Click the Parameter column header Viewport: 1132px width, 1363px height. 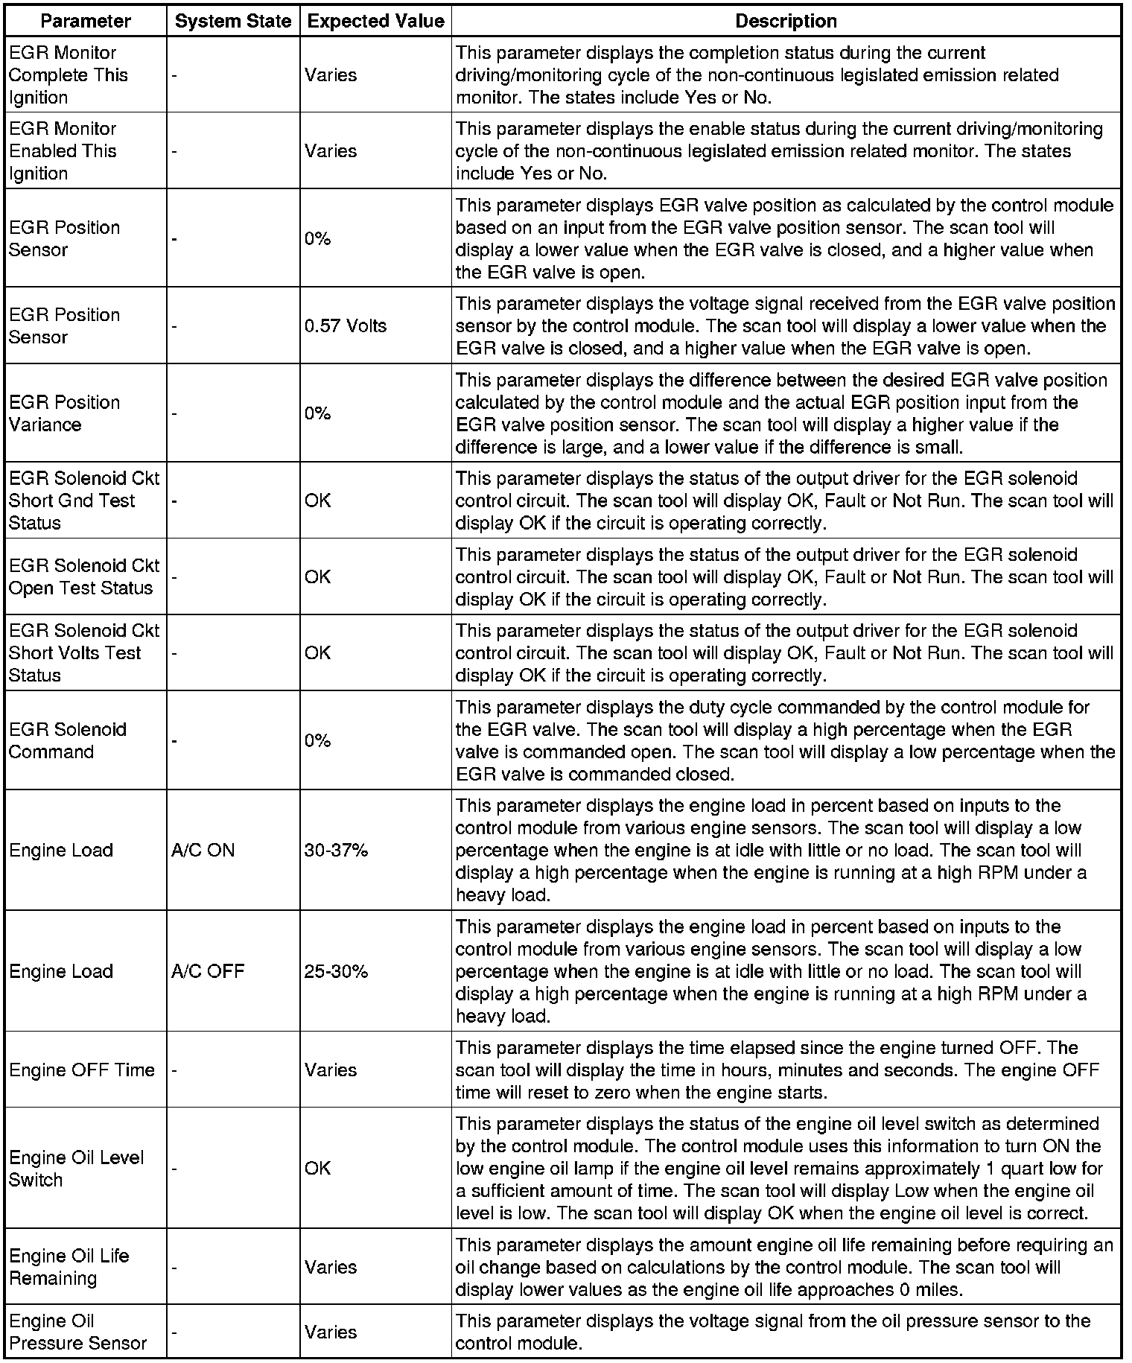(x=86, y=22)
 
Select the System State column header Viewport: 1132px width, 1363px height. (x=233, y=22)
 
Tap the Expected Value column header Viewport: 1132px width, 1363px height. (x=375, y=22)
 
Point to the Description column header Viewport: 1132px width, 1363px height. (x=786, y=22)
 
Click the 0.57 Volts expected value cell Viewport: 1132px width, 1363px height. (x=346, y=325)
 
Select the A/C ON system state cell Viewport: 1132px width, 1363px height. (x=203, y=850)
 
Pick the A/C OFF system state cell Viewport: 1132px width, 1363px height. (x=208, y=971)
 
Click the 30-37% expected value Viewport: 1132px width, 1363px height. (x=336, y=850)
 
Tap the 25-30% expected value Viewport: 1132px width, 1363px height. (x=336, y=971)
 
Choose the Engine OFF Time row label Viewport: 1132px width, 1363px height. (x=82, y=1070)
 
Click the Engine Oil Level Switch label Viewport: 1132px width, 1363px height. (x=76, y=1169)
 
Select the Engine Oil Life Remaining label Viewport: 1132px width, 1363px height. (x=69, y=1267)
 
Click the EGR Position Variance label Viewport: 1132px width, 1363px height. (x=64, y=413)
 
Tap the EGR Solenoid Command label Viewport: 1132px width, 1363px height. (x=67, y=740)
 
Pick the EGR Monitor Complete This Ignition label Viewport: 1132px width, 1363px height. (x=68, y=75)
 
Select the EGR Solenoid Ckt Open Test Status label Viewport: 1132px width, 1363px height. (x=83, y=576)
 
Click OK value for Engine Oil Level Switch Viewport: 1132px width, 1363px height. (x=317, y=1169)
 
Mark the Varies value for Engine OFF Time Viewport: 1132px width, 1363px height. (x=331, y=1070)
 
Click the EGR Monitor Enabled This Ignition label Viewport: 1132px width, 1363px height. (x=63, y=151)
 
